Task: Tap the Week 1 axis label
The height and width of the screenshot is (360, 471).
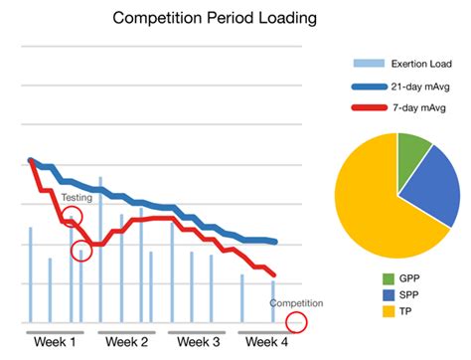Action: click(x=55, y=343)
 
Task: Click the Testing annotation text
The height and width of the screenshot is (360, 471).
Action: click(x=77, y=198)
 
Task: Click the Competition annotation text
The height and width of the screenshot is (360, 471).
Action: click(x=297, y=302)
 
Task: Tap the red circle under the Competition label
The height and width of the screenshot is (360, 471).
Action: click(x=296, y=322)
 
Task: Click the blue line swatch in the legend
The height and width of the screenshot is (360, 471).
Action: click(x=365, y=86)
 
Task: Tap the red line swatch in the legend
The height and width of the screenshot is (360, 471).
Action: click(x=365, y=108)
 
